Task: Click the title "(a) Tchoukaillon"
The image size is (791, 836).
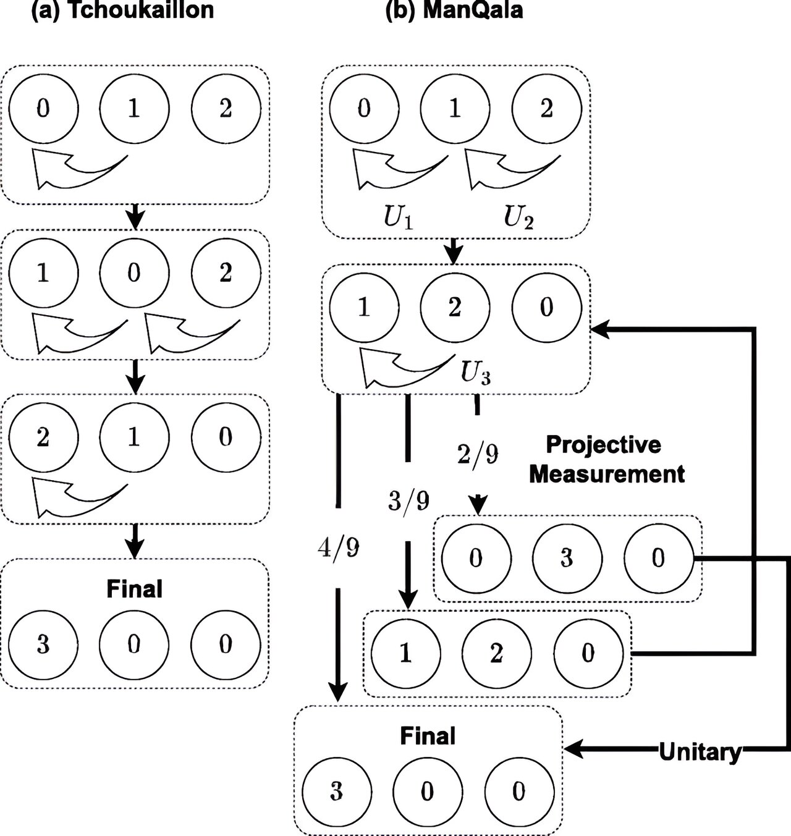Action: click(x=122, y=11)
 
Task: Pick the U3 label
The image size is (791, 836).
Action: click(x=476, y=372)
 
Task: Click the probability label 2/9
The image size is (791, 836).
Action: click(x=477, y=455)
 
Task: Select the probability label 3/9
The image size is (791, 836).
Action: click(x=408, y=500)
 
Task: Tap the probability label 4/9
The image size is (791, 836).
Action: click(x=338, y=547)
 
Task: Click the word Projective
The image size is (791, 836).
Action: click(x=603, y=444)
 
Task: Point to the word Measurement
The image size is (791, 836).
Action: click(x=607, y=474)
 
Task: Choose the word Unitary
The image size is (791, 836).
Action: click(x=700, y=752)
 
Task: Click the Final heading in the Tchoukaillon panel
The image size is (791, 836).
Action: click(x=134, y=589)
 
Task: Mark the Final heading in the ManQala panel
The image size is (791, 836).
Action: click(x=428, y=736)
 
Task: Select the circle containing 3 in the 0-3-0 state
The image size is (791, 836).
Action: click(x=567, y=558)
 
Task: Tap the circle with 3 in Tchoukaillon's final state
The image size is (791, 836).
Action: click(x=43, y=644)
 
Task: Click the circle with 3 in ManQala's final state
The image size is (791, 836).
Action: click(x=336, y=792)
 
